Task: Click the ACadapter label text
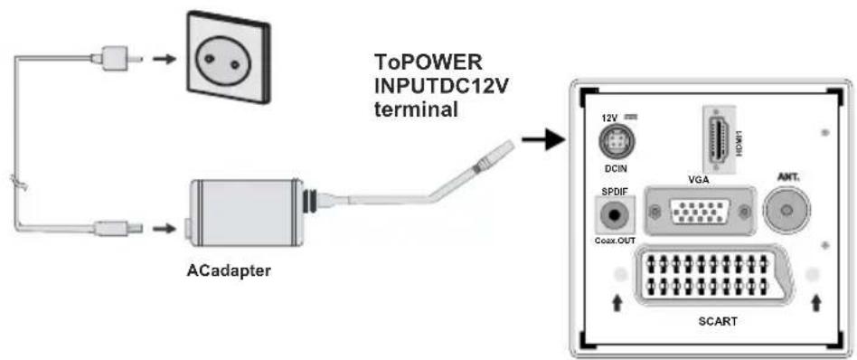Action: tap(230, 270)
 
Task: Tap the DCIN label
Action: tap(616, 169)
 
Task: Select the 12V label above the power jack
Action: tap(608, 117)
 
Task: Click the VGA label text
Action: tap(698, 179)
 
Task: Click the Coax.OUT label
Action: tap(615, 241)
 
